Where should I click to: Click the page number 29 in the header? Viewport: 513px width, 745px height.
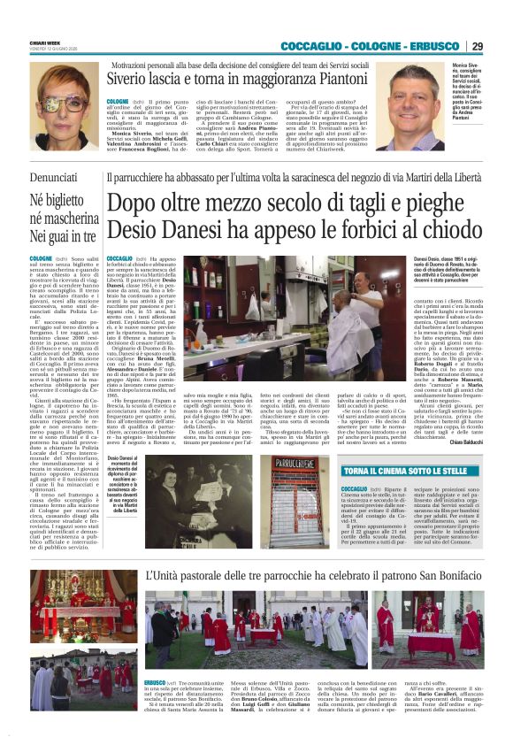[x=477, y=46]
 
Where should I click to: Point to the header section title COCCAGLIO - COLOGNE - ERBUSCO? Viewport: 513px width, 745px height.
[x=372, y=46]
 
